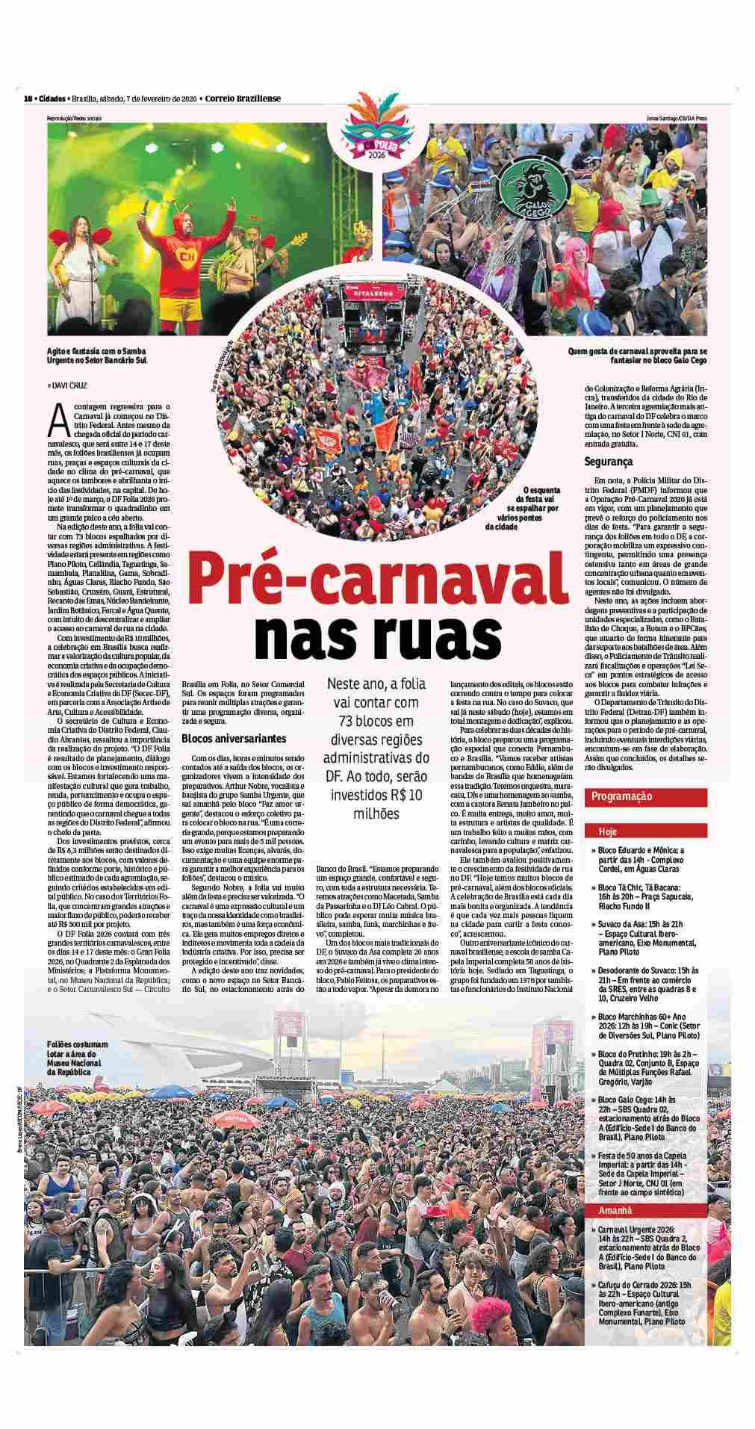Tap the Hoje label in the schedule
point(606,831)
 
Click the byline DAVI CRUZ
point(71,386)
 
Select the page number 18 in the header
point(28,98)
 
